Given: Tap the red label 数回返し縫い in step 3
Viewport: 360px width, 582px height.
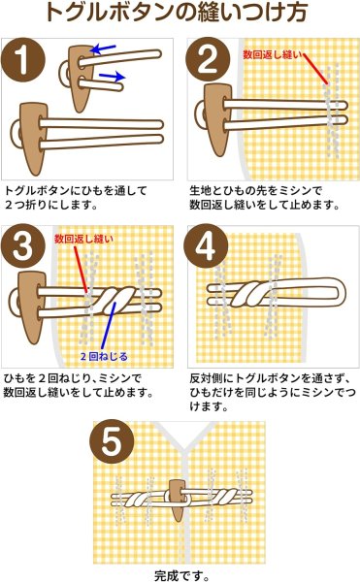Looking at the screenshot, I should click(82, 238).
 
